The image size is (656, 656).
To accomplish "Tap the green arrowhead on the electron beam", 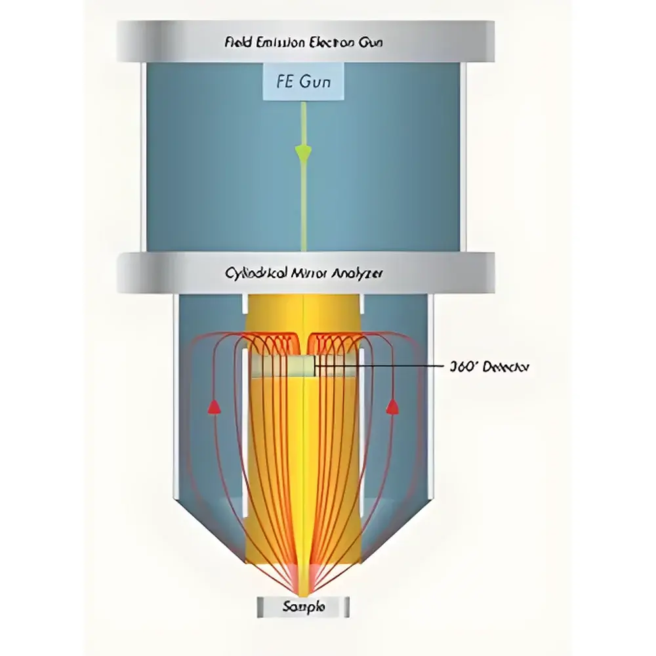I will (x=303, y=154).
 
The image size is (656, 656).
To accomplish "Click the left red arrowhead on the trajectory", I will (x=213, y=407).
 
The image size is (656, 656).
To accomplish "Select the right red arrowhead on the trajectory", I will (x=393, y=407).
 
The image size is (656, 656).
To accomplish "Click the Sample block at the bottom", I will (x=303, y=607).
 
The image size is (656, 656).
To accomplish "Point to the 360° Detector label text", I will (x=487, y=367).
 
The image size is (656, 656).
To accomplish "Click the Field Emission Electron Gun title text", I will (x=303, y=43).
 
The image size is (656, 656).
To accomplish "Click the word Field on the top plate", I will (x=237, y=43).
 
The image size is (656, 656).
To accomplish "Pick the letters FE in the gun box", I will (x=283, y=83).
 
